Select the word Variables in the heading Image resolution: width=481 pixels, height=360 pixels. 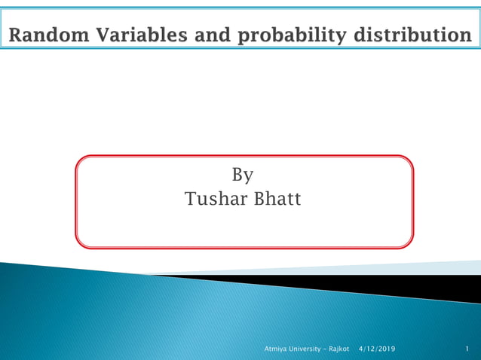pos(133,35)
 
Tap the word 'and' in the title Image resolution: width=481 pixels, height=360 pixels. pos(203,35)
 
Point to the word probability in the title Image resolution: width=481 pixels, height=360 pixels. pos(279,35)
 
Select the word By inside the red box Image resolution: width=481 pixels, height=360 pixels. pos(242,175)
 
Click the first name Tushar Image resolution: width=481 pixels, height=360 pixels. pos(213,200)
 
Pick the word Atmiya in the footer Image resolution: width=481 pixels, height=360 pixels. pos(274,349)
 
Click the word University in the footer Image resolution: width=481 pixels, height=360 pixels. pos(305,349)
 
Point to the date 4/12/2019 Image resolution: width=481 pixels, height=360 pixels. pos(376,349)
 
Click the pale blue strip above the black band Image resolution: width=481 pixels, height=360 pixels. pos(422,268)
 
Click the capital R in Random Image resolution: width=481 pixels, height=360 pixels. pos(16,35)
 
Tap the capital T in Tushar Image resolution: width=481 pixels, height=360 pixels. pos(190,200)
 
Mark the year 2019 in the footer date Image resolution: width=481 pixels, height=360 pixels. pos(385,349)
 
